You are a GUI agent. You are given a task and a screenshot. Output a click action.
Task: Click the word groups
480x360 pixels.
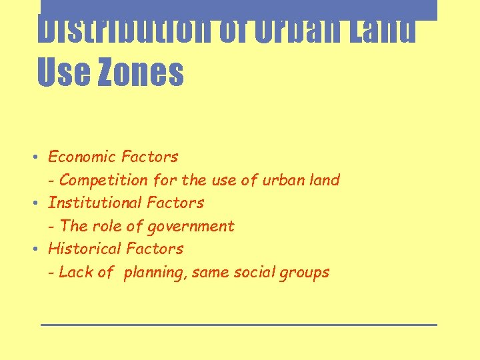305,273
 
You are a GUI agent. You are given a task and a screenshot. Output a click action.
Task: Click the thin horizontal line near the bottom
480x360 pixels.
239,325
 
